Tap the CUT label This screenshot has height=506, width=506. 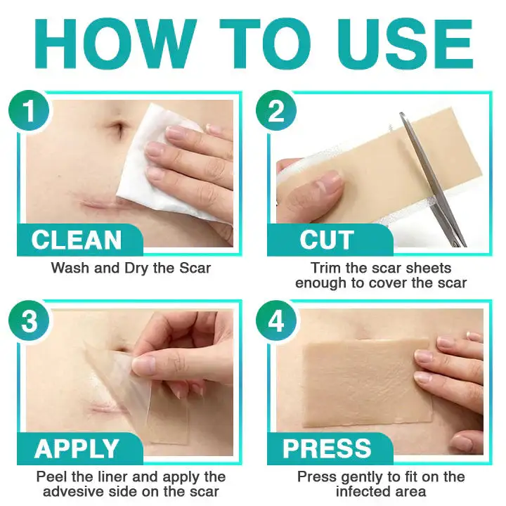(326, 240)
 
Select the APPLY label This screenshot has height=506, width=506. (77, 448)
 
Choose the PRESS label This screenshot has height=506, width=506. (327, 448)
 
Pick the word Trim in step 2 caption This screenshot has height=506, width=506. (325, 268)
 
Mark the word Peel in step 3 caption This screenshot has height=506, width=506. (53, 476)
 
